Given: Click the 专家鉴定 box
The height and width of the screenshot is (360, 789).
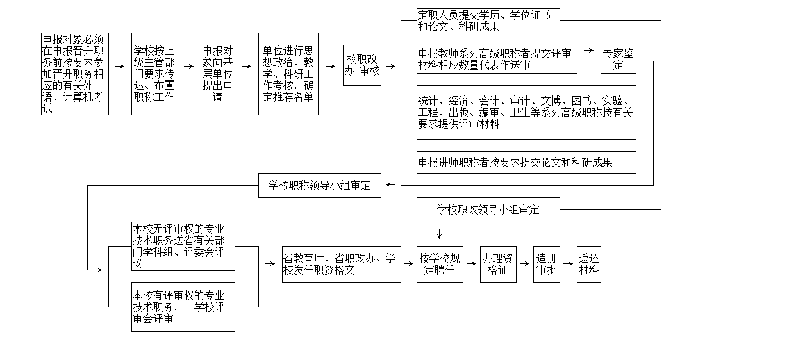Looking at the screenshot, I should (619, 59).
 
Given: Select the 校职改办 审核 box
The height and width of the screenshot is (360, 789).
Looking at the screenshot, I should (362, 65).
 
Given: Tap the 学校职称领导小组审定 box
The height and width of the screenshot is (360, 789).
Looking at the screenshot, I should (319, 185).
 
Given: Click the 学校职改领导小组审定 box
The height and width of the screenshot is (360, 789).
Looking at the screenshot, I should (488, 209).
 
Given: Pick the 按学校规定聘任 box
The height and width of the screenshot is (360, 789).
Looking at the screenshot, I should (440, 264).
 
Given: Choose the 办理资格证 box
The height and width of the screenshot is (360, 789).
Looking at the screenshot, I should (497, 264).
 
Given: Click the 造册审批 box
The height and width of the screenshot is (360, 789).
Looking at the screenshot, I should (547, 264).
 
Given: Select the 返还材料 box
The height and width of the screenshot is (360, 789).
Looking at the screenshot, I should (588, 264).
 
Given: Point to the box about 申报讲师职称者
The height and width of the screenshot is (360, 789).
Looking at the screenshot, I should (526, 162).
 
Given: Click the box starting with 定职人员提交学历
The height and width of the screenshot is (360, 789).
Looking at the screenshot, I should (488, 20).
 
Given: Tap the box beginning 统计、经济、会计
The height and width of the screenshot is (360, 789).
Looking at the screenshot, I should (526, 112).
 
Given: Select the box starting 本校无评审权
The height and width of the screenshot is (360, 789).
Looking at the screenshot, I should (183, 246).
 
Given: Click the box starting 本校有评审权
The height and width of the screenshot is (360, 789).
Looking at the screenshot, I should (183, 307).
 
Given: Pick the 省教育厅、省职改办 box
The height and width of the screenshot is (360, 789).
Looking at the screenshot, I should (341, 264).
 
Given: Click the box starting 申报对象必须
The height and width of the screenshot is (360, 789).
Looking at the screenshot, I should (75, 74).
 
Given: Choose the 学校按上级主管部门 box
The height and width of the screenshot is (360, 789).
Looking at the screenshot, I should (154, 74).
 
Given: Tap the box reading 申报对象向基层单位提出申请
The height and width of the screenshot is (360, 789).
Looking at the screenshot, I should (218, 74).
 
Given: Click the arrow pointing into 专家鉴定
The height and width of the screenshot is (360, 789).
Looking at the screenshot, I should (588, 49).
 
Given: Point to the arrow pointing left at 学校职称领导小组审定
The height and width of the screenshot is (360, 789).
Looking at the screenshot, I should (393, 186).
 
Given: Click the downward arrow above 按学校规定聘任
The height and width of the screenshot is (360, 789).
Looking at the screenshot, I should (440, 234).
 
